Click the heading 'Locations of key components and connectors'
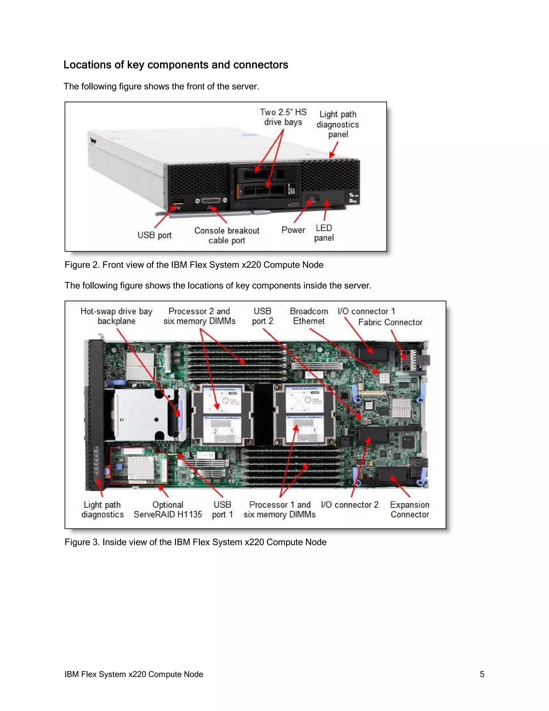176,65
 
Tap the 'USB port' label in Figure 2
154,235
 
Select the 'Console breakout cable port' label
227,235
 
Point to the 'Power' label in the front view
293,230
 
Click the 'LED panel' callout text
324,233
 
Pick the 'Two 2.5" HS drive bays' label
283,117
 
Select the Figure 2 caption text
194,265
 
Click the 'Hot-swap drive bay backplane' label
116,316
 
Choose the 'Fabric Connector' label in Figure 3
390,322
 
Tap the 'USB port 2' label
262,316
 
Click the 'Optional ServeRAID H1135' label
168,510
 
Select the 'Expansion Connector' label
410,510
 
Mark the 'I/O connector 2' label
350,505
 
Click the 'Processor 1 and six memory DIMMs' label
280,510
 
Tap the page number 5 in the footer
482,674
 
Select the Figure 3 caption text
195,542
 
